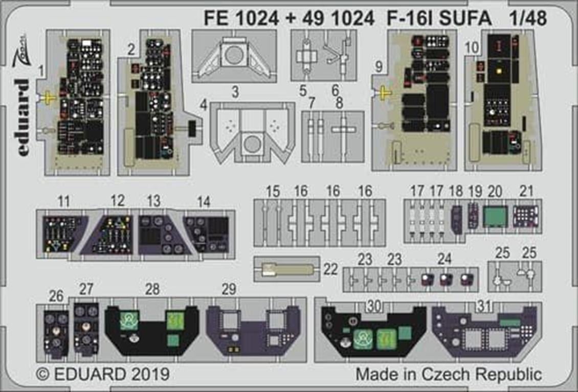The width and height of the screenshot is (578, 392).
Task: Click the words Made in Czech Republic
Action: coord(449,374)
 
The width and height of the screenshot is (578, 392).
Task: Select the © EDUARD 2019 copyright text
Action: coord(103,375)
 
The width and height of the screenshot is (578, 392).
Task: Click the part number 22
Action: coord(331,269)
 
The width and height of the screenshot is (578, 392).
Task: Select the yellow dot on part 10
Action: coord(497,66)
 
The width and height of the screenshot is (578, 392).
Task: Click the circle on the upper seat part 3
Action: coord(234,54)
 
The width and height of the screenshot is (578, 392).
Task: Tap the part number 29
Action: coord(230,289)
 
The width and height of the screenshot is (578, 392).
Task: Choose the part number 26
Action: coord(56,295)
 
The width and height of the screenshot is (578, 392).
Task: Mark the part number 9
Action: coord(379,66)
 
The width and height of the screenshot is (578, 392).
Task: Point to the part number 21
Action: coord(526,192)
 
